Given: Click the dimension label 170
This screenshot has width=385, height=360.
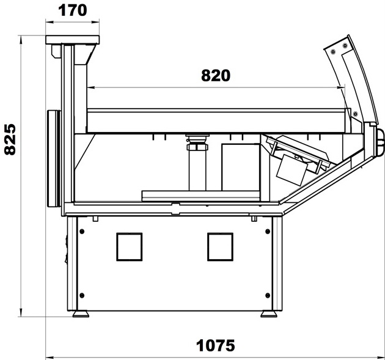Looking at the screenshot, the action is [73, 10].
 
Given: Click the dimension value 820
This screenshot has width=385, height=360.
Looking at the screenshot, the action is [216, 76].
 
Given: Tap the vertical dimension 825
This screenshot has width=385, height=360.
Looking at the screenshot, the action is [10, 139].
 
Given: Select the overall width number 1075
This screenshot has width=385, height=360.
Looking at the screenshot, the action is [215, 345].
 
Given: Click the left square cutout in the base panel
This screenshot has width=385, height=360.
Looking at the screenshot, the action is [130, 247].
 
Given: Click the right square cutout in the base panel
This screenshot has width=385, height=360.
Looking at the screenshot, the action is [220, 247].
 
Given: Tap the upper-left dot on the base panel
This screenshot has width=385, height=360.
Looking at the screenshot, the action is [82, 231].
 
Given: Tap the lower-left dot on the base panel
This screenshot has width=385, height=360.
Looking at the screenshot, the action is [82, 295].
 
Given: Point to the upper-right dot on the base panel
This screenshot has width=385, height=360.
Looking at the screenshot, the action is [268, 231].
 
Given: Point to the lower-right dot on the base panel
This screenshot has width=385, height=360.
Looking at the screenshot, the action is [268, 295].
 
